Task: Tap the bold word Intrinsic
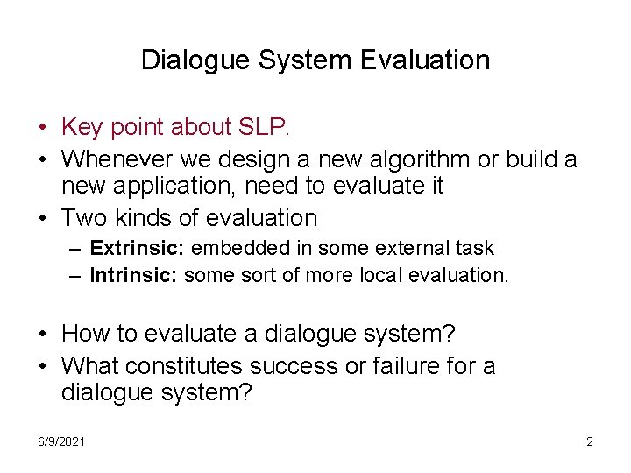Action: click(131, 275)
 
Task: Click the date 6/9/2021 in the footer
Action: click(62, 441)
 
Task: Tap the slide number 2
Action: click(589, 441)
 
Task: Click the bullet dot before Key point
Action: click(43, 128)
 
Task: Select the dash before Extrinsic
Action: click(77, 250)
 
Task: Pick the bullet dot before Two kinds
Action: click(43, 218)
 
